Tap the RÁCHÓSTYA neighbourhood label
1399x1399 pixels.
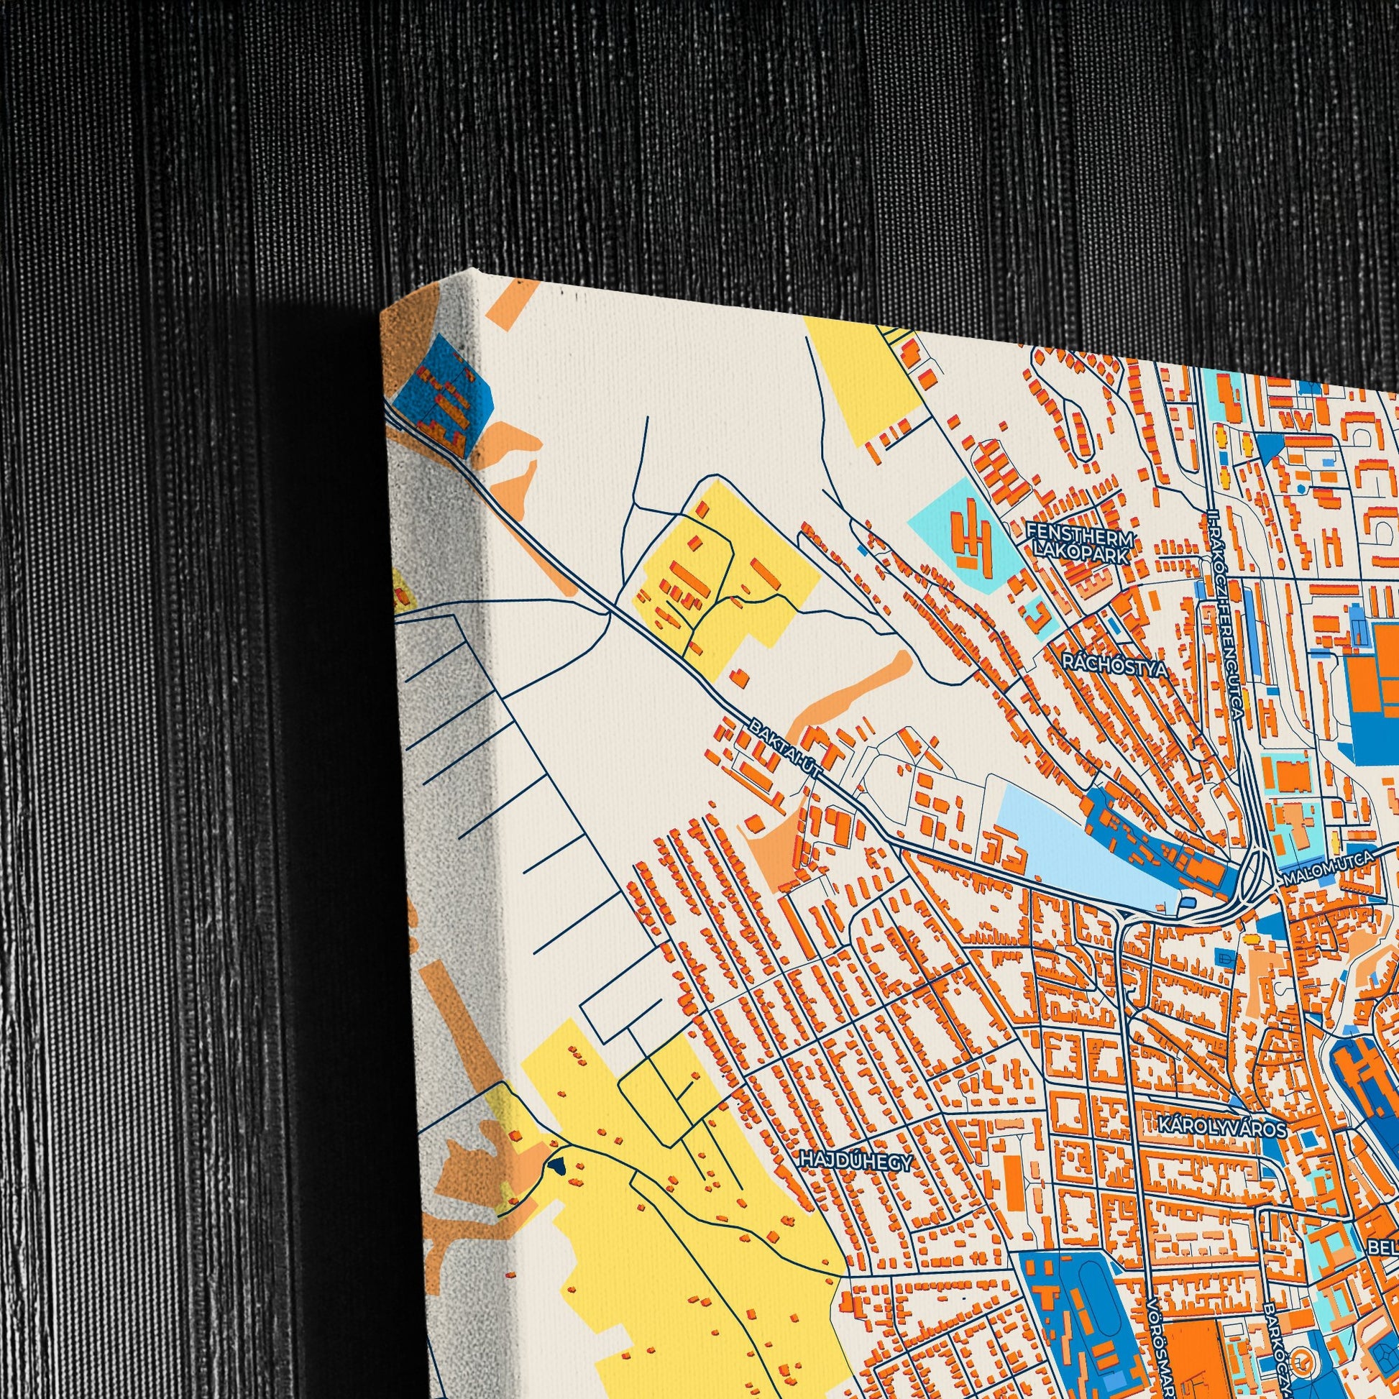pyautogui.click(x=1115, y=665)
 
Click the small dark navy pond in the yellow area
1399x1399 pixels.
pyautogui.click(x=557, y=1165)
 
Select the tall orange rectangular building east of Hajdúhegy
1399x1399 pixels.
pyautogui.click(x=1012, y=1180)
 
